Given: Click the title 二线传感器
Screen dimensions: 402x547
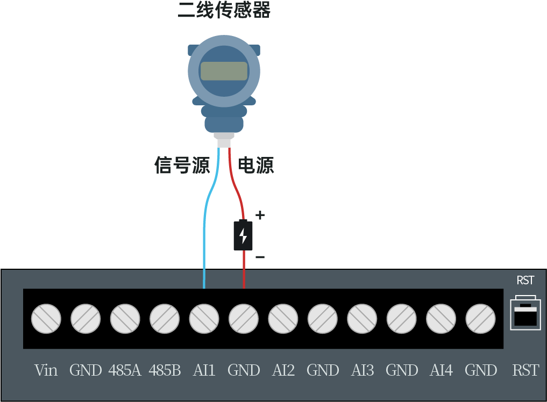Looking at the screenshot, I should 224,10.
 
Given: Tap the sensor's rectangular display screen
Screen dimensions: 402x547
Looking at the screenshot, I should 224,71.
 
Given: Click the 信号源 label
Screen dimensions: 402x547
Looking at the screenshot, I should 182,165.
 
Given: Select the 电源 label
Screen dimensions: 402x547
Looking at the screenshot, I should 256,165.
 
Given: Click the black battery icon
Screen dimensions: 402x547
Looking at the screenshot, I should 243,235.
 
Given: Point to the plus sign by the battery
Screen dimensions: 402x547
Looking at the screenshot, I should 260,216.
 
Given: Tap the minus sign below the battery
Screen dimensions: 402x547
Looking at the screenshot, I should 260,257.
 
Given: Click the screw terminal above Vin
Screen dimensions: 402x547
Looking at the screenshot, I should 46,319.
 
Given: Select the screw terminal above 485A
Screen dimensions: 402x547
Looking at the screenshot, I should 125,319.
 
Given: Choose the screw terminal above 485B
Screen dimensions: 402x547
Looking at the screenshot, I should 165,319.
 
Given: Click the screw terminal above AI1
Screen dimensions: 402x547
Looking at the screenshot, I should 204,319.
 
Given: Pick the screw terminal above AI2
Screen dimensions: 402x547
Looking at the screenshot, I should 283,319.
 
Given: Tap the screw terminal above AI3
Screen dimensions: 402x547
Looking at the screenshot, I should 362,319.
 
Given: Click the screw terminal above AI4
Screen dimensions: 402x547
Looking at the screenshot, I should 441,319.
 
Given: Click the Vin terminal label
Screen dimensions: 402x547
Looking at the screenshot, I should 46,370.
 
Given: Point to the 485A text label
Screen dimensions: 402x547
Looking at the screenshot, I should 125,370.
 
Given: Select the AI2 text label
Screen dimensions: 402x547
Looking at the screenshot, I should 283,370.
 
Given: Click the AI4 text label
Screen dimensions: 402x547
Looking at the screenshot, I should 441,370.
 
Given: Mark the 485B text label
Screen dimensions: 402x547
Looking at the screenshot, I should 165,370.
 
